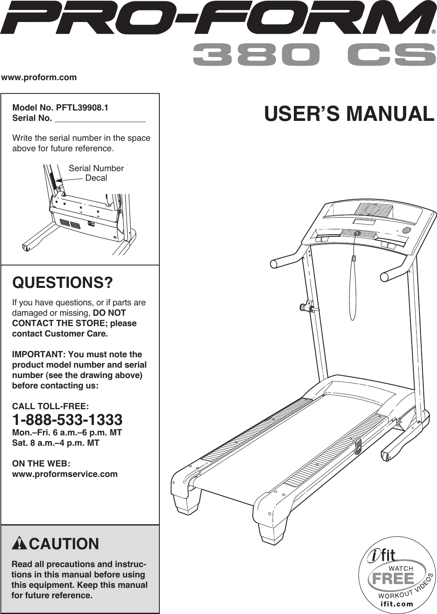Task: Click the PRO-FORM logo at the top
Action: coord(216,19)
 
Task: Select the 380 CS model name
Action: coord(311,55)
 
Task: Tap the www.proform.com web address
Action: coord(39,77)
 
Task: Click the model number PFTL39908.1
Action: coord(82,108)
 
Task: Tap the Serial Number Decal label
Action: coord(96,173)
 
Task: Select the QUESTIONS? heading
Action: coord(63,283)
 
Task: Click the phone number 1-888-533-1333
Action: coord(67,420)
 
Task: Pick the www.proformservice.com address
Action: coord(65,474)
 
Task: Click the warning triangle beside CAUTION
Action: coord(20,543)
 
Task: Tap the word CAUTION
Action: coord(64,544)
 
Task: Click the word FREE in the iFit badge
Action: coord(393,578)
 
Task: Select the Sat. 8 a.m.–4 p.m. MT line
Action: coord(56,443)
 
